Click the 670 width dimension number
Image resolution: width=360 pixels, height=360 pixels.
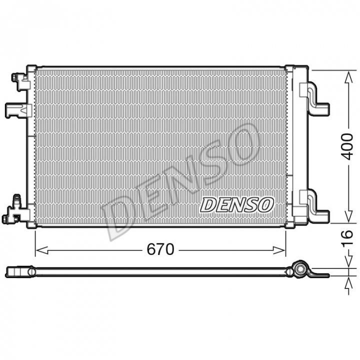160,249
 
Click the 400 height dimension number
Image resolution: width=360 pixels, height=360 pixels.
347,146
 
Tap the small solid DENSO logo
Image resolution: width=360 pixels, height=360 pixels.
237,204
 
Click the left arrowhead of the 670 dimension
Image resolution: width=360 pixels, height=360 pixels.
42,250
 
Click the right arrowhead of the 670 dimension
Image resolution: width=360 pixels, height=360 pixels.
279,250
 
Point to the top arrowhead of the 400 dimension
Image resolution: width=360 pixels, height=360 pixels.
348,77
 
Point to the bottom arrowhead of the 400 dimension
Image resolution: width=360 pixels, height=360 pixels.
348,216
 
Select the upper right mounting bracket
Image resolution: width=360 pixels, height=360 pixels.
314,98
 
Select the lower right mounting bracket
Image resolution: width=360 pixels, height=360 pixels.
314,206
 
